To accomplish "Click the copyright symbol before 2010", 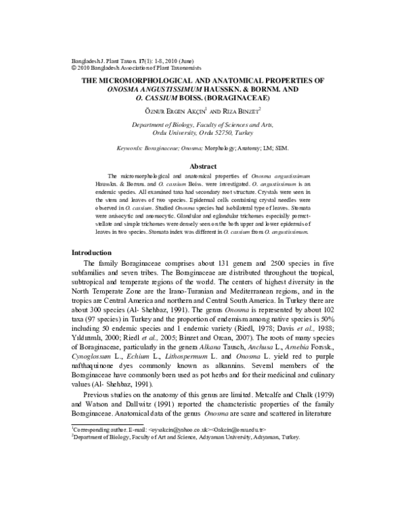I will [74, 68].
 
